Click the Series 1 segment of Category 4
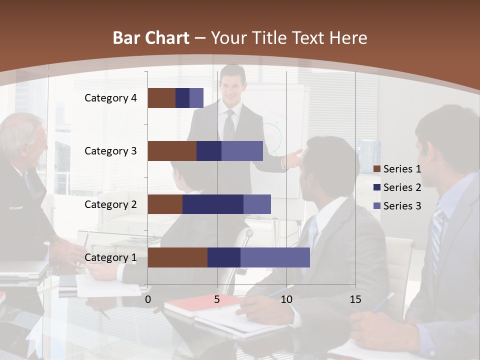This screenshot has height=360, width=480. [x=161, y=98]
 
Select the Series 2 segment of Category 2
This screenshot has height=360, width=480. [x=213, y=204]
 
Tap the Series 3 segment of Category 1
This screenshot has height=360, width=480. [x=275, y=257]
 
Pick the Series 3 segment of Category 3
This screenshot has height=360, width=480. [x=242, y=151]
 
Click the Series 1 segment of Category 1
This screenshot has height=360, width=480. [x=177, y=257]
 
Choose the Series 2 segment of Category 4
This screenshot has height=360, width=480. [x=182, y=98]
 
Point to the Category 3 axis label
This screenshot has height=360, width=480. [x=110, y=151]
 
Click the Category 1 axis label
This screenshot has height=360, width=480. [x=110, y=257]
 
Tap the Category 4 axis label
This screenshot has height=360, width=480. [x=110, y=98]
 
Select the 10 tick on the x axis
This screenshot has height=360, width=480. [x=286, y=299]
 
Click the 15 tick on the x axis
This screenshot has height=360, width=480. [x=355, y=299]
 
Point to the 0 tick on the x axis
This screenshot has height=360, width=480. [x=148, y=299]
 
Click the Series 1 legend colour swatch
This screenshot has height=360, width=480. [x=377, y=169]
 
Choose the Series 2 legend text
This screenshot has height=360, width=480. [x=402, y=187]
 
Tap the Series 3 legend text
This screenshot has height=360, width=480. [x=402, y=205]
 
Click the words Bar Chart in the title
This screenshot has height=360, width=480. [x=151, y=38]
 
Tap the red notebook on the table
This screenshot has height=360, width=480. [x=190, y=304]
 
